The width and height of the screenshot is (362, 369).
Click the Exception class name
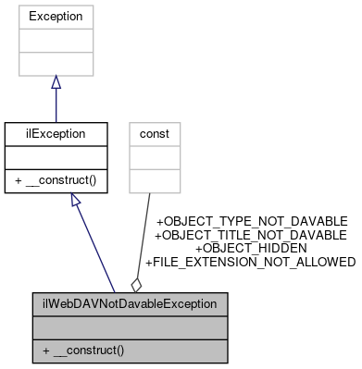(56, 17)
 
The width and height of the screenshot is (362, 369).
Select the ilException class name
(56, 133)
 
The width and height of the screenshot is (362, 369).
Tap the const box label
(154, 133)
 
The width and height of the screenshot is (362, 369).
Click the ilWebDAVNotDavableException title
(129, 303)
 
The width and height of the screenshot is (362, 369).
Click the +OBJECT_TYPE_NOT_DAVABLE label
(252, 222)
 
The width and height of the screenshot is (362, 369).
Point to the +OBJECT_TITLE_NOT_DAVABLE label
(250, 236)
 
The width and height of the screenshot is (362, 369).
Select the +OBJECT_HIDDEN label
(250, 249)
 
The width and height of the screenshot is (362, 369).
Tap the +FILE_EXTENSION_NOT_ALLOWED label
(250, 263)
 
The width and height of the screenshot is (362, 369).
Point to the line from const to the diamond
(145, 231)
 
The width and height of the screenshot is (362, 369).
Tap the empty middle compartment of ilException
(56, 157)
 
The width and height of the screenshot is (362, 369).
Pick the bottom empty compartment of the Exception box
(56, 64)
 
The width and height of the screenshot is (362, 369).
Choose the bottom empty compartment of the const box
(154, 180)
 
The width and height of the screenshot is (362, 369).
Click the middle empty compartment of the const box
(154, 157)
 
